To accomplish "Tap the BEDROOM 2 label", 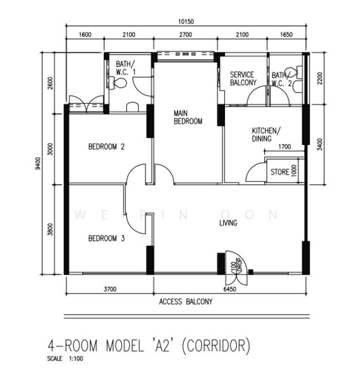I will click(x=106, y=147).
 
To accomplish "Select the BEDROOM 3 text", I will click(x=106, y=238).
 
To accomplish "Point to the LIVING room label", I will click(x=228, y=223).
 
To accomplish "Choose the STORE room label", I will click(x=280, y=172).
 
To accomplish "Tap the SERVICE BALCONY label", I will click(x=243, y=79).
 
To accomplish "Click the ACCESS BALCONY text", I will click(x=186, y=302).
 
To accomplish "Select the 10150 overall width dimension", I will click(x=186, y=21).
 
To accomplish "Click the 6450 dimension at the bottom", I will click(x=229, y=289).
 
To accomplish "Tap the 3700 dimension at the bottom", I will click(x=109, y=289).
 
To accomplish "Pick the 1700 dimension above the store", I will click(x=285, y=148).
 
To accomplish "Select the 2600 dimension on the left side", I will click(x=51, y=82).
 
